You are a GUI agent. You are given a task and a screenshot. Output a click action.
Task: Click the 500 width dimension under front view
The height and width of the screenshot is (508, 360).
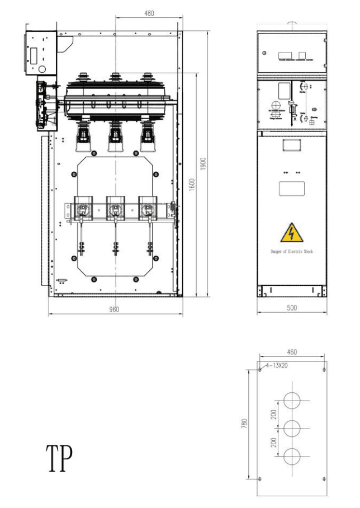(292, 308)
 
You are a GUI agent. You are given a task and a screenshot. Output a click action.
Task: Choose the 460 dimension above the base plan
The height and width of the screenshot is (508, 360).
(292, 352)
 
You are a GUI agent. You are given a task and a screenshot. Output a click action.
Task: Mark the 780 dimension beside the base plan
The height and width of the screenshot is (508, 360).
(244, 424)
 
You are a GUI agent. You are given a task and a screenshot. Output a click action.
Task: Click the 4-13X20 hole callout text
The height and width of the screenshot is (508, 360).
(277, 365)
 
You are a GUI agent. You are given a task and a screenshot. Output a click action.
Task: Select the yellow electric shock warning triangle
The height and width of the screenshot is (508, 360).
(291, 232)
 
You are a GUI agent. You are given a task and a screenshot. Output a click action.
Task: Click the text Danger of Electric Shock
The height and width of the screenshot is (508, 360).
(292, 251)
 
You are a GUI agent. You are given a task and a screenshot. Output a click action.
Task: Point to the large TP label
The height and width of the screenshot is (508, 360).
(59, 458)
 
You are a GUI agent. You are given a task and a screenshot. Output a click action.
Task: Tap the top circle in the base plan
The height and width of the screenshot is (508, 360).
(292, 401)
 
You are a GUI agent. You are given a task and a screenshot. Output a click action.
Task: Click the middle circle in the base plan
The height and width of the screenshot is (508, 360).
(292, 429)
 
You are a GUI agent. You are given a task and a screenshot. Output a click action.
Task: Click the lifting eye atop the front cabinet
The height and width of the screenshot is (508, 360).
(291, 25)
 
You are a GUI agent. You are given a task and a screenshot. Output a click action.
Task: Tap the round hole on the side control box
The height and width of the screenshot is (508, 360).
(41, 69)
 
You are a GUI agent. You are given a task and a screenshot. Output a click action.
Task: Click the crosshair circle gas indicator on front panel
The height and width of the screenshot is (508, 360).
(275, 105)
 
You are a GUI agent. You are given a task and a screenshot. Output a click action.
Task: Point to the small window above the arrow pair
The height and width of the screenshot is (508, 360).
(291, 145)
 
